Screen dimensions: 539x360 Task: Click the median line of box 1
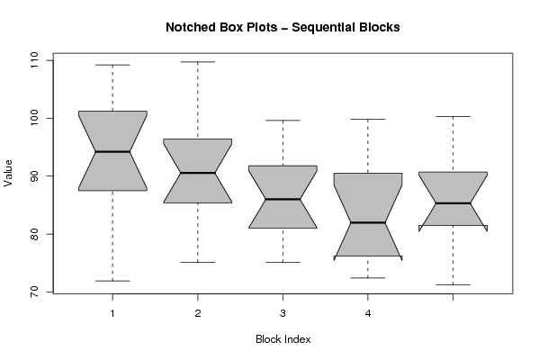tap(112, 151)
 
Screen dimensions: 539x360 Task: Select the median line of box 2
tap(198, 173)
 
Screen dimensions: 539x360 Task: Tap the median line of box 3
tap(283, 199)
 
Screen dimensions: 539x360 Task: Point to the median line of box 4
tap(368, 223)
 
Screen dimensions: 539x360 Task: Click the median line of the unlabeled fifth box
tap(453, 203)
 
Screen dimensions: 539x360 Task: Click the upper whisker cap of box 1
tap(112, 65)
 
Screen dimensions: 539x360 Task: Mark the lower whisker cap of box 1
tap(112, 281)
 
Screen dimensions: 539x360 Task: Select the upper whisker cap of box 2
tap(198, 62)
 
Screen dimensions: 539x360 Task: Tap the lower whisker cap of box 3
tap(283, 262)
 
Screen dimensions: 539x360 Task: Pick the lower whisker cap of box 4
tap(368, 278)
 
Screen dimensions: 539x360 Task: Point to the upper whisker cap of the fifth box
tap(453, 117)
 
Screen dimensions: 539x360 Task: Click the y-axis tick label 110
tap(34, 60)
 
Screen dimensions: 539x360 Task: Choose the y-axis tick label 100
tap(34, 118)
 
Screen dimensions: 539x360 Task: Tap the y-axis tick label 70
tap(34, 292)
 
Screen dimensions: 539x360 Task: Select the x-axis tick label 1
tap(112, 313)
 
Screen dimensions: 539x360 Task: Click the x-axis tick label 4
tap(368, 313)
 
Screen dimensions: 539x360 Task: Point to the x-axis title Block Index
tap(283, 339)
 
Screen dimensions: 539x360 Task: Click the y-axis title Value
tap(8, 174)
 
